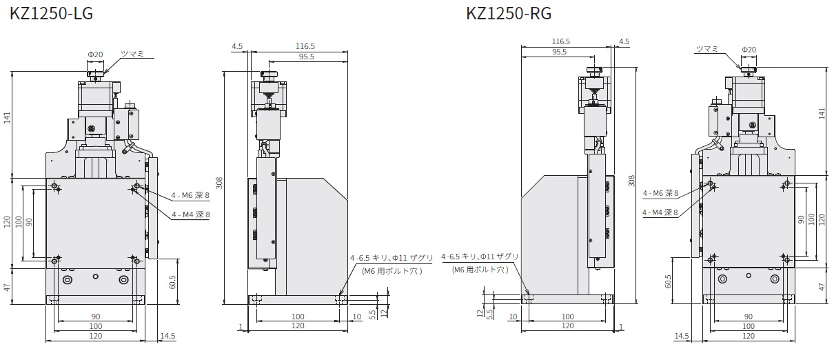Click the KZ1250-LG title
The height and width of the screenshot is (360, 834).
[51, 13]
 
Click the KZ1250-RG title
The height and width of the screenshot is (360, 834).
[509, 13]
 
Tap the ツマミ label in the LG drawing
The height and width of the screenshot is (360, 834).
[132, 54]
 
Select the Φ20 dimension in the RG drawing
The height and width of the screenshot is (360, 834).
[749, 50]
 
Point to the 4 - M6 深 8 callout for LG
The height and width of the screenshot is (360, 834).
[190, 195]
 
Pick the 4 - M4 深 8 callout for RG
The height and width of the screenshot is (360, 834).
[660, 212]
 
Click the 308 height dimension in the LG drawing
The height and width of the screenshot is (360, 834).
[220, 183]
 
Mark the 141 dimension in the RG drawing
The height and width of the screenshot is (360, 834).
[822, 113]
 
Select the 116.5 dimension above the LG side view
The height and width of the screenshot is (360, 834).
[305, 46]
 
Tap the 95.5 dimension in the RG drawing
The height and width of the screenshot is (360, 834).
[559, 52]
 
